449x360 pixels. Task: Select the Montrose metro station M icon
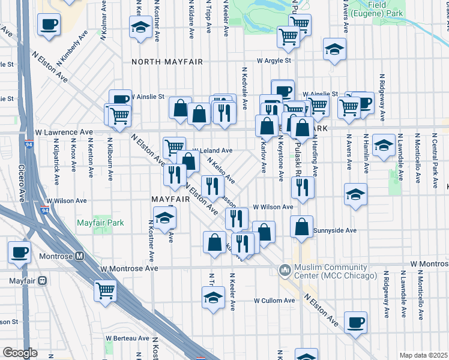[80, 255]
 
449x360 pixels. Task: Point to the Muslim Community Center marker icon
[285, 271]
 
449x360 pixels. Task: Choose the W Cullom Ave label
[273, 300]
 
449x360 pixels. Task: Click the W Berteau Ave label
[127, 338]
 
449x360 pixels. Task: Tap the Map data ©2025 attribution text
[423, 355]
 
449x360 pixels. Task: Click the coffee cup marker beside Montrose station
[19, 253]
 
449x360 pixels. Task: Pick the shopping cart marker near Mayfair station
[106, 291]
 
